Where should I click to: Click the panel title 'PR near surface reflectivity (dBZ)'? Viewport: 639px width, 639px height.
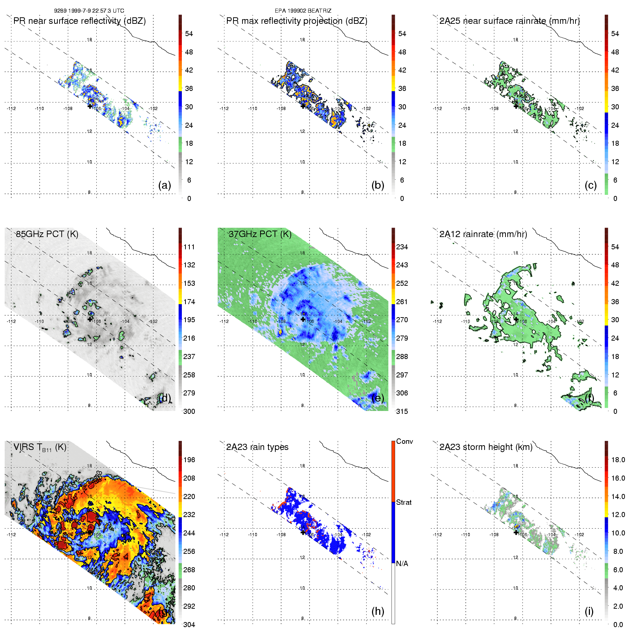click(79, 21)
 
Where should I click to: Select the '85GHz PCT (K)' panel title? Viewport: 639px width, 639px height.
click(47, 234)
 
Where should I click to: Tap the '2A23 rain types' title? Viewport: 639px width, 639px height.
click(257, 447)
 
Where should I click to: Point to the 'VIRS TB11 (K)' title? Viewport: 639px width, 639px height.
click(40, 447)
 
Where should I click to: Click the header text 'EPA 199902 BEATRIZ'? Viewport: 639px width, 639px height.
click(303, 11)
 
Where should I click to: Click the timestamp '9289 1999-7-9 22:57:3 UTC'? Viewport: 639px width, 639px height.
click(89, 11)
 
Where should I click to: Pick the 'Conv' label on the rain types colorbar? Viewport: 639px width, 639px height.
click(404, 441)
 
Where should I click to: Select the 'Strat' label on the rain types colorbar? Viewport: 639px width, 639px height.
click(404, 502)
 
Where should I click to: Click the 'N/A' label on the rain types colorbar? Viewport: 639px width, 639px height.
click(402, 564)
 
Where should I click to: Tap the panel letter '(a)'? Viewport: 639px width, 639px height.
click(165, 185)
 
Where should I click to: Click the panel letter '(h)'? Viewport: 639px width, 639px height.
click(378, 611)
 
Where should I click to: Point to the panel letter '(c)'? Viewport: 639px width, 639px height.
click(591, 185)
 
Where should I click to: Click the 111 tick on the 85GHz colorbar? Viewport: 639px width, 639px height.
click(189, 247)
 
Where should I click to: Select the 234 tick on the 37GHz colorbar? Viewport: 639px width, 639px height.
click(402, 247)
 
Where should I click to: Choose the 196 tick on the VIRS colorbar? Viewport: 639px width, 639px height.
click(189, 460)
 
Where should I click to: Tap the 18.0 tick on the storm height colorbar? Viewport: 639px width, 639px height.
click(618, 460)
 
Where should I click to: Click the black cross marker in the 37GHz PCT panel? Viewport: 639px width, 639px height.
click(303, 319)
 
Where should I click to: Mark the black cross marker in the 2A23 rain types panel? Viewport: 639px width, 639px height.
click(303, 532)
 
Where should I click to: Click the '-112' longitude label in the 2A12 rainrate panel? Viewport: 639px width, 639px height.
click(437, 321)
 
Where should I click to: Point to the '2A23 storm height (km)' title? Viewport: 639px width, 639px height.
click(486, 447)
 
